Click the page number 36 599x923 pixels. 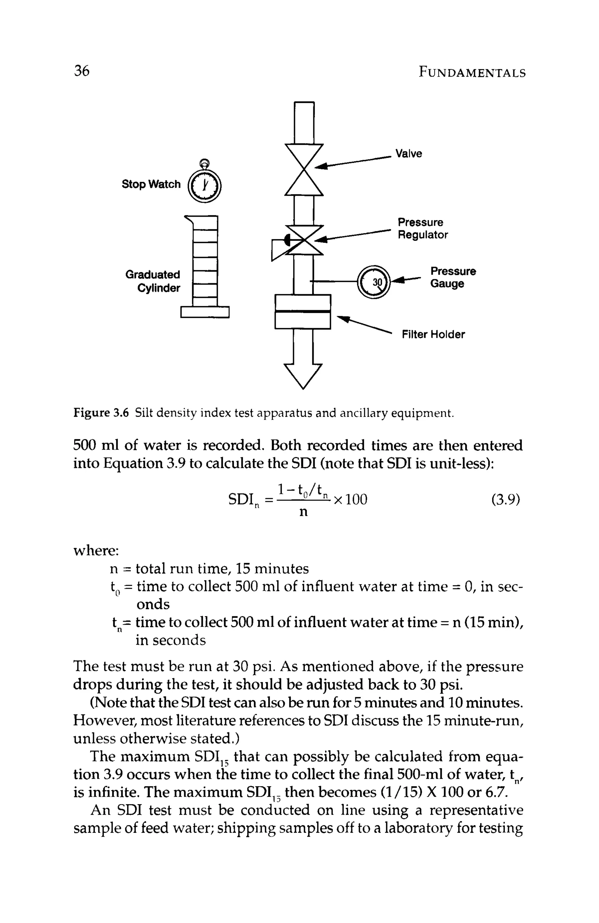[x=82, y=71]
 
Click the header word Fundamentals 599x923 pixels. [x=472, y=73]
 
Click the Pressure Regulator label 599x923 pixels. [x=422, y=228]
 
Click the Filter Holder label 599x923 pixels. [x=433, y=334]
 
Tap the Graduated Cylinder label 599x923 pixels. [x=153, y=281]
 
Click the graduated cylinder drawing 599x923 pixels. [x=205, y=267]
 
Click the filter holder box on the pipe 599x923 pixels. [x=303, y=311]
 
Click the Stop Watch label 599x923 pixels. [x=151, y=184]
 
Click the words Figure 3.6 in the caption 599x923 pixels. [x=101, y=413]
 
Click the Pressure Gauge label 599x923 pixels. [x=453, y=277]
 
